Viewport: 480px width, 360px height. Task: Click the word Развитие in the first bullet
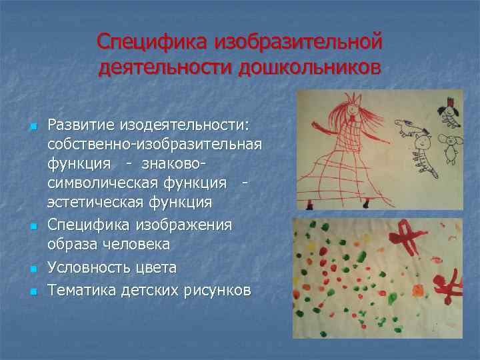(81, 125)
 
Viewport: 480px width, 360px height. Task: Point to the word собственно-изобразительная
(155, 144)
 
